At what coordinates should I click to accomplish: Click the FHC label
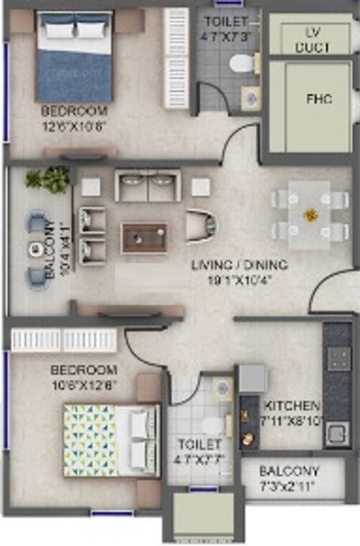point(318,99)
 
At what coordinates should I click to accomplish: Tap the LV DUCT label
point(312,39)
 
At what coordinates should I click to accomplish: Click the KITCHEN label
point(292,405)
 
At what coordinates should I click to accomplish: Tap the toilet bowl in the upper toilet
point(241,64)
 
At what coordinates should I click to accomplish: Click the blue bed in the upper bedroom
point(75,58)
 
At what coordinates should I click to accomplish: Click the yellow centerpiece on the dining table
point(310,214)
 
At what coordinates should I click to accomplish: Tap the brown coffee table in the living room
point(145,238)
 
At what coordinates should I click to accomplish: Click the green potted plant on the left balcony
point(50,178)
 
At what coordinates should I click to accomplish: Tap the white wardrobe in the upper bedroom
point(176,58)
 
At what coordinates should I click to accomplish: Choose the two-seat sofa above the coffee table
point(148,186)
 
